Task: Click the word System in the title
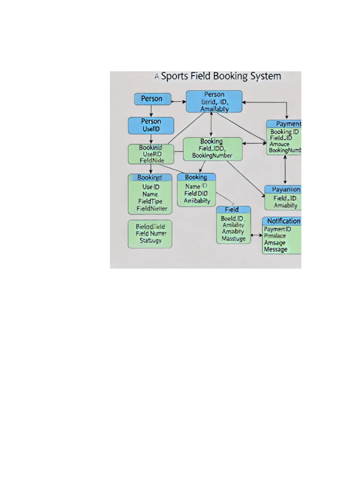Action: click(263, 76)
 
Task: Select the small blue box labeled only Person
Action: click(151, 98)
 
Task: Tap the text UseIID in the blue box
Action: click(151, 129)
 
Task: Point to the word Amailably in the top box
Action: click(214, 109)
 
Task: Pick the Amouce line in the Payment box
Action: click(280, 144)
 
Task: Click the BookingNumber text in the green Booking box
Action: click(212, 155)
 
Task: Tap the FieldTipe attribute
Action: click(150, 201)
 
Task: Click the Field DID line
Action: click(196, 193)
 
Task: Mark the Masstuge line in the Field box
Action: click(233, 239)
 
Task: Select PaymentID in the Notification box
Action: click(277, 229)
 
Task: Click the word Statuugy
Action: click(150, 240)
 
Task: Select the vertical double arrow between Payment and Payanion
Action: click(285, 169)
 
